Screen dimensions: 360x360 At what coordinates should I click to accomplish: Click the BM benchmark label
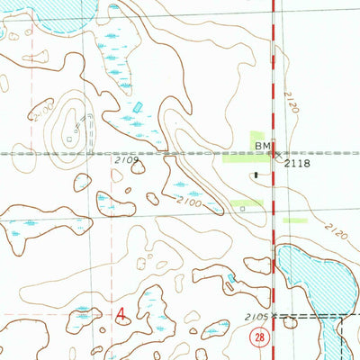(262, 145)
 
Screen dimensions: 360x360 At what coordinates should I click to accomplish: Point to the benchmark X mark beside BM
(275, 153)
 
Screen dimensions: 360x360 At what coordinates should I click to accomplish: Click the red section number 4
(121, 313)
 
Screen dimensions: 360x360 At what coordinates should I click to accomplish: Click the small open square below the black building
(243, 207)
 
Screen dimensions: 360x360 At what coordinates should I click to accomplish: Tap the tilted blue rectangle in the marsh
(138, 107)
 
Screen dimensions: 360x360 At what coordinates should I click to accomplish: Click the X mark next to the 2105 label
(275, 317)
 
